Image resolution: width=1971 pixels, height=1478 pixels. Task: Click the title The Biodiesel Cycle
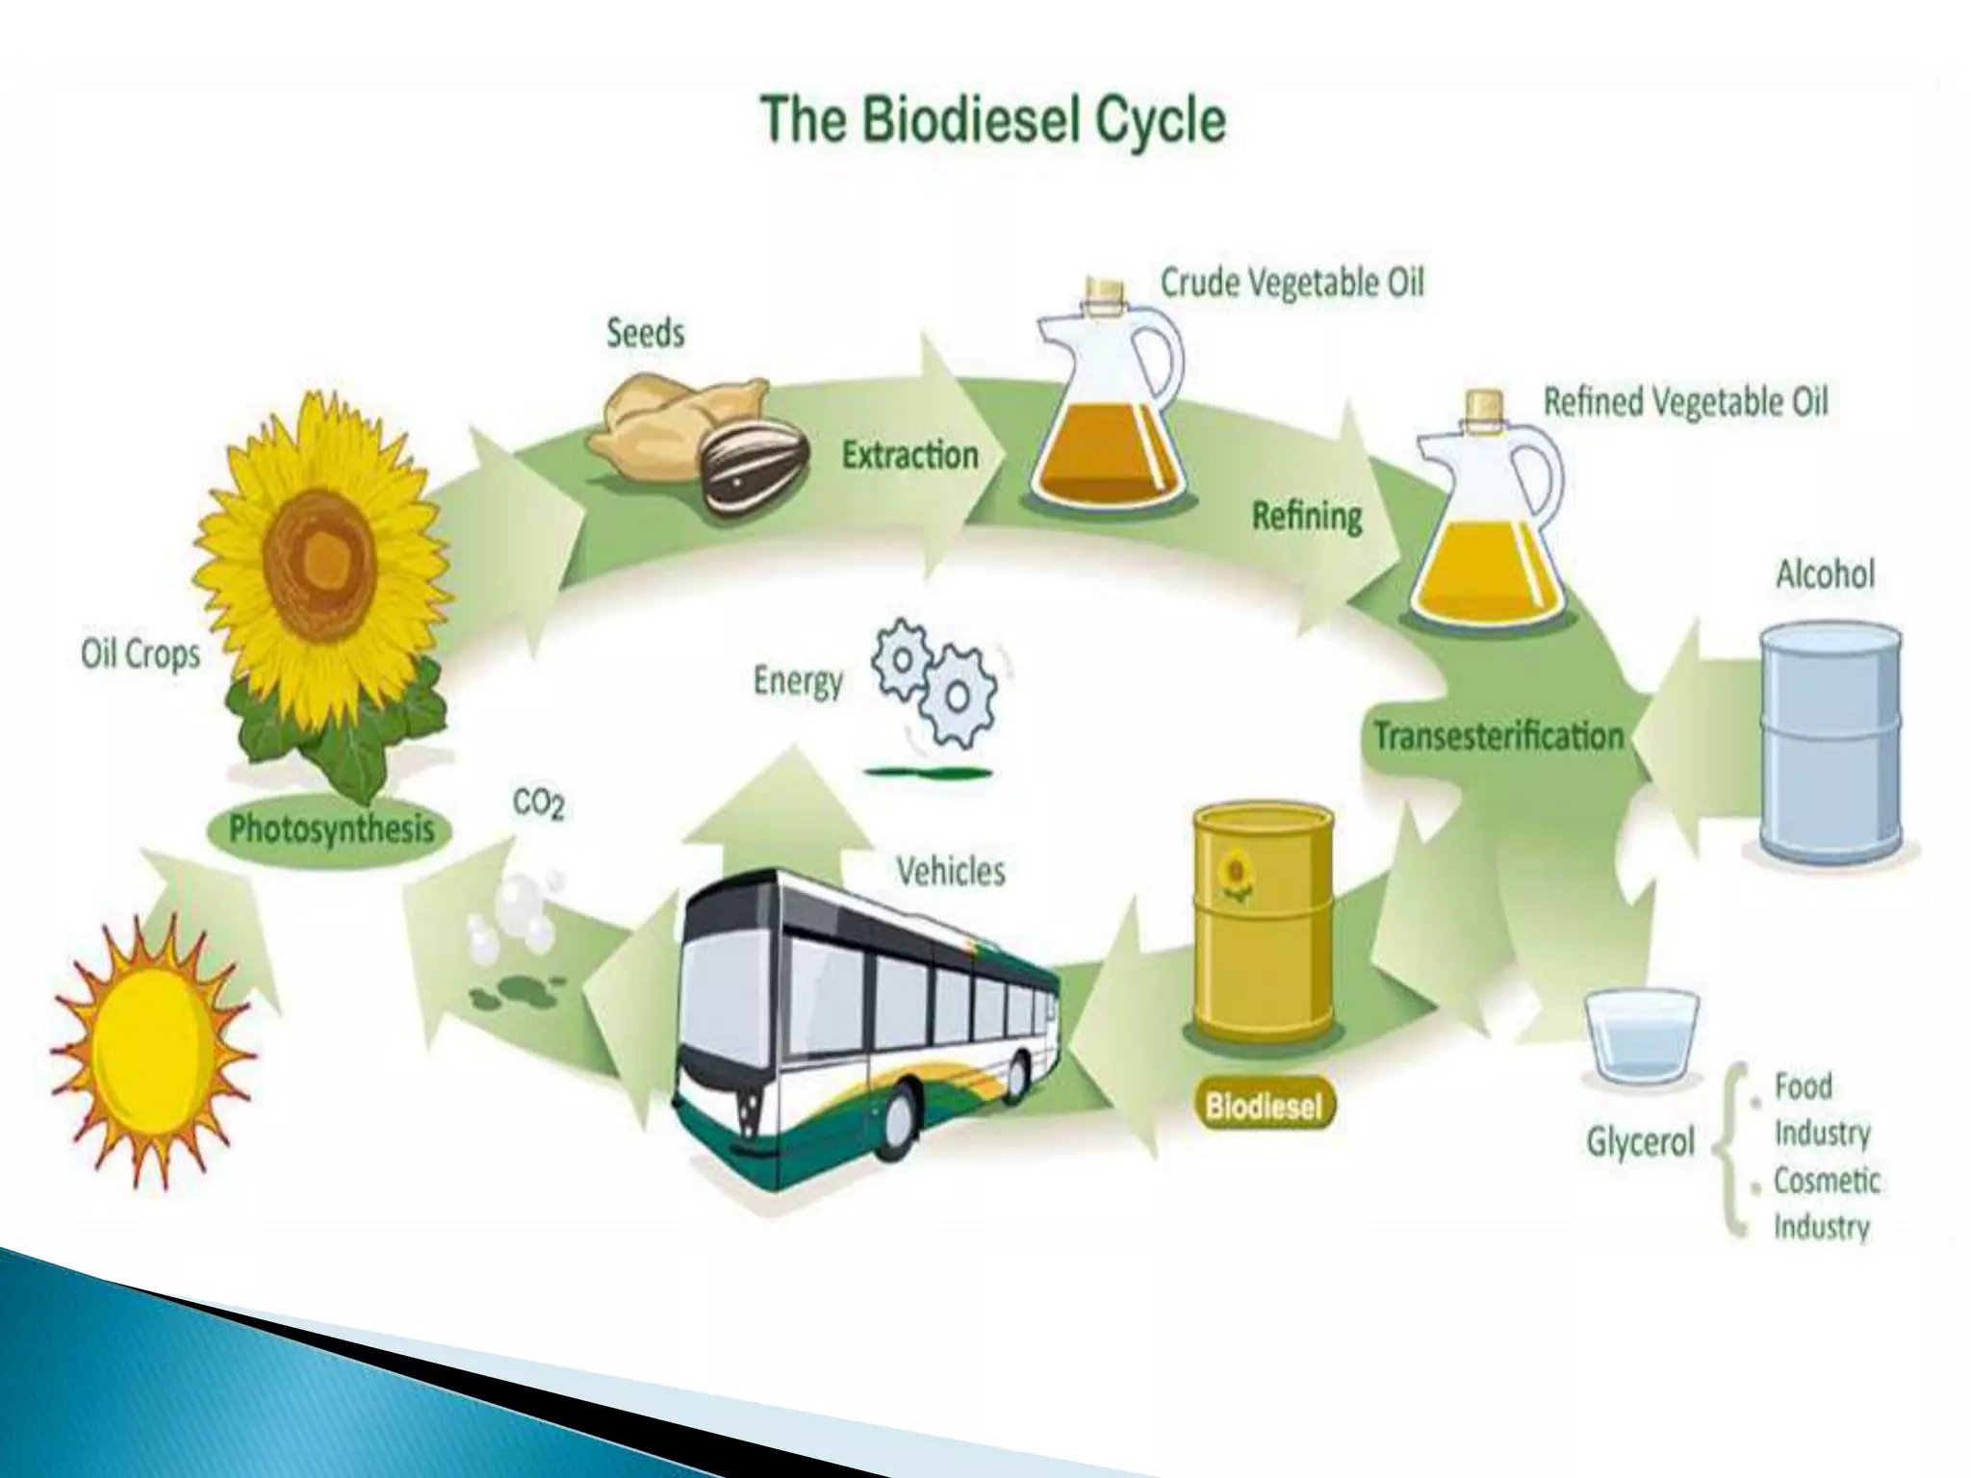click(993, 122)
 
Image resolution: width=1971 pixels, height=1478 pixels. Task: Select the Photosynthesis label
click(331, 829)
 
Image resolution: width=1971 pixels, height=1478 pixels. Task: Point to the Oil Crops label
click(141, 654)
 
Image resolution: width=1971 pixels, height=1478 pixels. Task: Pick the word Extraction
click(909, 455)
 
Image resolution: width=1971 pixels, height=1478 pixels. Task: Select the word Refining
click(1306, 517)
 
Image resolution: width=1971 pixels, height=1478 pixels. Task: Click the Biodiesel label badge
click(1264, 1106)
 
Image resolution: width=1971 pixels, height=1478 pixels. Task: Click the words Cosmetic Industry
click(1826, 1204)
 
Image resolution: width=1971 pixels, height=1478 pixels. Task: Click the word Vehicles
click(950, 872)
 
